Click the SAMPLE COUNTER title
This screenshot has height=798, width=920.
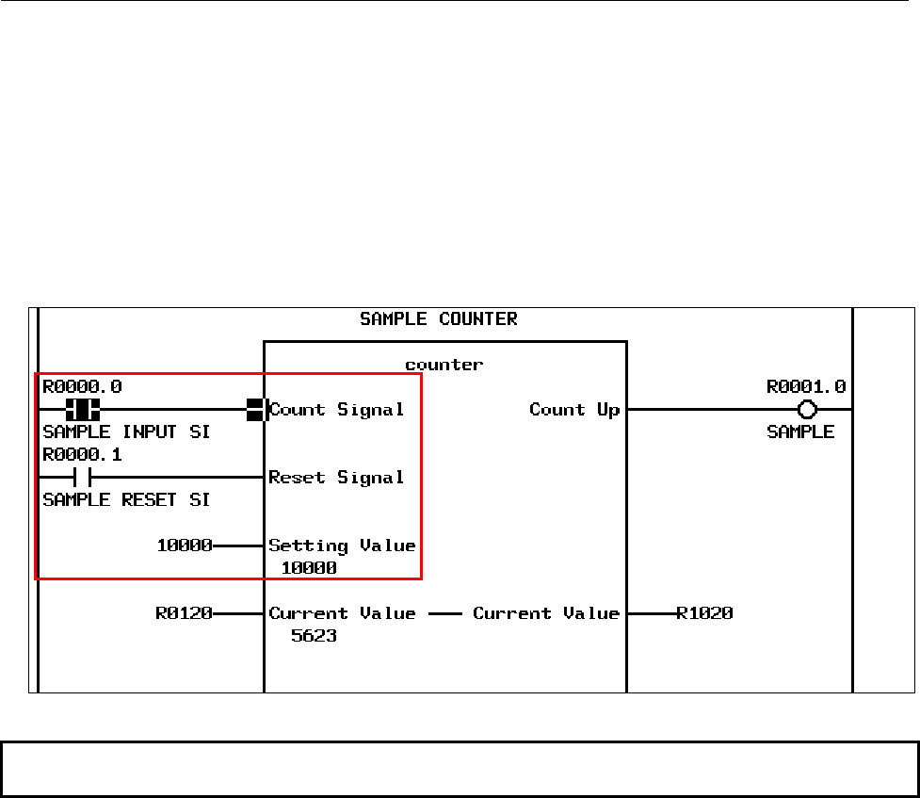tap(439, 319)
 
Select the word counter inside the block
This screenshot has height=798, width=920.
tap(444, 365)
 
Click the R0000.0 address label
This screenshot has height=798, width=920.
tap(82, 386)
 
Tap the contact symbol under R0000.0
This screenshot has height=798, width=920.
tap(83, 410)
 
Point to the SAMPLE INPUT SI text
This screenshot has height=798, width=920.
tap(126, 432)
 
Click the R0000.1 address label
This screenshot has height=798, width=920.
tap(82, 455)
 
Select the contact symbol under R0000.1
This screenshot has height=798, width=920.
tap(82, 478)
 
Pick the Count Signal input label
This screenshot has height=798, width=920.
tap(337, 410)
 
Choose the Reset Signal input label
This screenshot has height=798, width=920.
tap(337, 478)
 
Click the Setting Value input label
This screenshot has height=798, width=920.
tap(342, 546)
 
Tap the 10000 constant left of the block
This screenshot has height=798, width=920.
tap(184, 546)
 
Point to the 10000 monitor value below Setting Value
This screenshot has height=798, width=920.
tap(309, 568)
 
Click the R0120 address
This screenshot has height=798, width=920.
tap(184, 613)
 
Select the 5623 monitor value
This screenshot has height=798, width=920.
tap(315, 636)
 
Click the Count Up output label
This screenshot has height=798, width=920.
tap(574, 410)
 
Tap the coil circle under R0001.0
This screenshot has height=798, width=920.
tap(806, 410)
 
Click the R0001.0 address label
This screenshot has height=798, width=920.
tap(806, 386)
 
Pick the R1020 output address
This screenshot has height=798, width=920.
tap(704, 613)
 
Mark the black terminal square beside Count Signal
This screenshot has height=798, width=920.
tap(254, 410)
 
